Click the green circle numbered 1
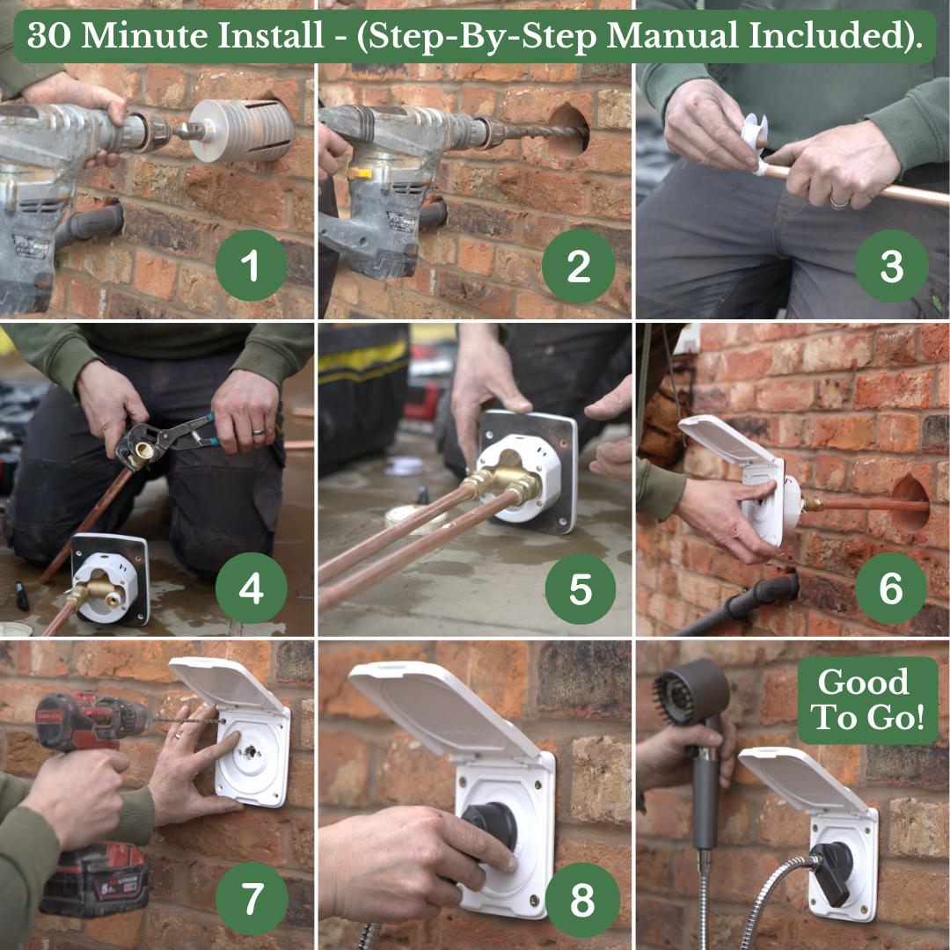click(x=252, y=266)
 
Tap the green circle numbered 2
click(x=579, y=267)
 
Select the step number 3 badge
click(x=891, y=266)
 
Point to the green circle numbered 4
click(x=252, y=588)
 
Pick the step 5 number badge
click(x=581, y=588)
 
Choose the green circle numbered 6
click(x=890, y=588)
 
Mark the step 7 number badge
click(x=252, y=899)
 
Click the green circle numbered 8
click(x=582, y=900)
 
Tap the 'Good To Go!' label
click(x=867, y=700)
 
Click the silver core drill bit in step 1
click(x=243, y=130)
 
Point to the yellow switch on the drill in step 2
click(x=359, y=173)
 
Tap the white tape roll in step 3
click(x=756, y=142)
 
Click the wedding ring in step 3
click(x=839, y=203)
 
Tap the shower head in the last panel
click(x=691, y=692)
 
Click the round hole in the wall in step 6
click(x=910, y=504)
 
